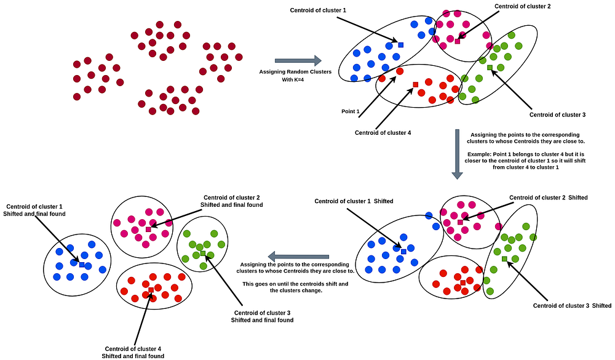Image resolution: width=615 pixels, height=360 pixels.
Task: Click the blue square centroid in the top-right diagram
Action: (x=400, y=45)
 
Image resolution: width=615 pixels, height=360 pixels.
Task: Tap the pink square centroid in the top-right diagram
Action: (x=457, y=41)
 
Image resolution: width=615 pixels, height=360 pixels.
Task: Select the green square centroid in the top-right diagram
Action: (x=490, y=68)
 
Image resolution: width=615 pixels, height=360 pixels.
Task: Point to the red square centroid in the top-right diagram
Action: (x=415, y=84)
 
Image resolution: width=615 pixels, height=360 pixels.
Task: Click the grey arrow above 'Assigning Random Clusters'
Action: (x=298, y=60)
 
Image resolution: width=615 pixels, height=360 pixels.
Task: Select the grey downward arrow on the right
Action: (x=456, y=154)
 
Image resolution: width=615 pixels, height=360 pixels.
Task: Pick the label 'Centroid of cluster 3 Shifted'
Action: (x=572, y=306)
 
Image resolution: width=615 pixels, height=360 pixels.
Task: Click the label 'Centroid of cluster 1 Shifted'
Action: (x=354, y=201)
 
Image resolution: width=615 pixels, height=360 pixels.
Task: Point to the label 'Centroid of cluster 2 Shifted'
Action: (x=548, y=198)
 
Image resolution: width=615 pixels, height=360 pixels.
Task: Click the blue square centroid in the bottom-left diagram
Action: (x=81, y=265)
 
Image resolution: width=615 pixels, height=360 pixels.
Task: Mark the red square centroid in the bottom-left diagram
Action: (x=151, y=289)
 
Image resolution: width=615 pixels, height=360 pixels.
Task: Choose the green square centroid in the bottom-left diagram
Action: (x=203, y=253)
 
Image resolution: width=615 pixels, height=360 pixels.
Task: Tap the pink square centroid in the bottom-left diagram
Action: (x=148, y=229)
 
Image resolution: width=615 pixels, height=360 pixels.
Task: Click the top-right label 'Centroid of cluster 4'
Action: (x=383, y=132)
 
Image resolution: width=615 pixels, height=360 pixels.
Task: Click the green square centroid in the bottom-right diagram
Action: (x=504, y=259)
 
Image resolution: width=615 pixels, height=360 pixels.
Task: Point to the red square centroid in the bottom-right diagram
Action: (x=462, y=282)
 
